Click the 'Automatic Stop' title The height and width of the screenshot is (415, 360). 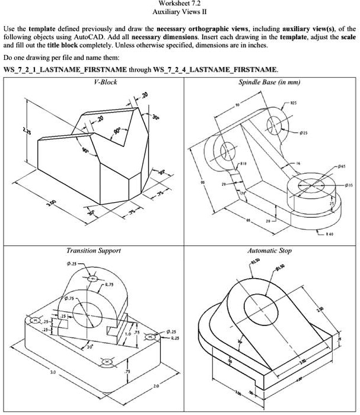[x=269, y=251]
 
